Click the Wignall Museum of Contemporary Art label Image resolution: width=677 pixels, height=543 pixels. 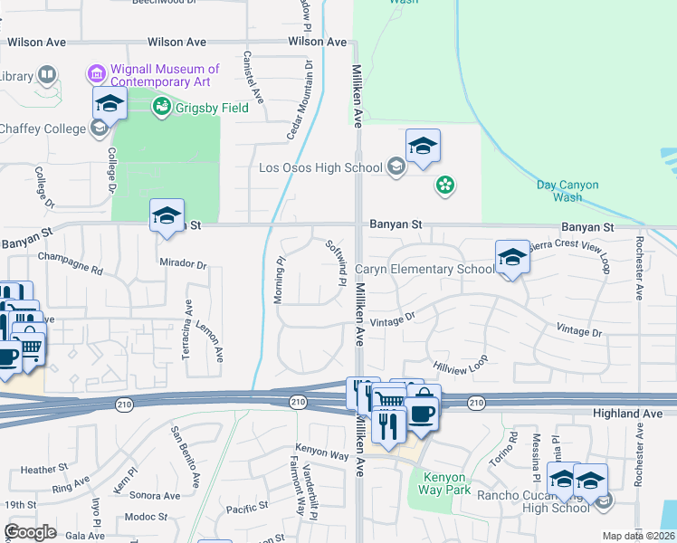(159, 75)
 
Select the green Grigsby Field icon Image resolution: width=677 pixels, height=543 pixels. (162, 108)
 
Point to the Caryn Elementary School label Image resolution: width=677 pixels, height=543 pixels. (424, 269)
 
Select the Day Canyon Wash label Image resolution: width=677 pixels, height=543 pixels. (567, 191)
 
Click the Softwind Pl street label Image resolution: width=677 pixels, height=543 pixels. (335, 263)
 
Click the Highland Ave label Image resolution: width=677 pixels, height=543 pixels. (634, 414)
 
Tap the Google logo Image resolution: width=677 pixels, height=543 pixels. (31, 532)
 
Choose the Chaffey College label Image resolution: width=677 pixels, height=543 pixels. (43, 129)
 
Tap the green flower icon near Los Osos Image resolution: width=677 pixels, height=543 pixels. (444, 186)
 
